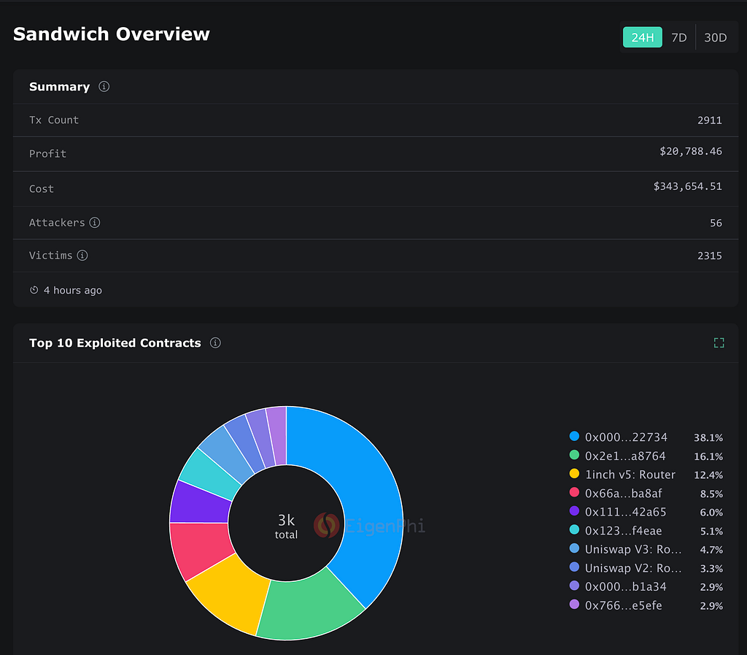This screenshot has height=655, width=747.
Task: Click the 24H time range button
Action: (x=642, y=37)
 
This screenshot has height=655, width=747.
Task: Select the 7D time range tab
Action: (x=679, y=37)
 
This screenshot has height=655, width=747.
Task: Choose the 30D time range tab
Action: (x=715, y=37)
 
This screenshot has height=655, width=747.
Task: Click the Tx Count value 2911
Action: (x=709, y=120)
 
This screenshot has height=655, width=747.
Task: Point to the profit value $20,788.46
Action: (x=691, y=152)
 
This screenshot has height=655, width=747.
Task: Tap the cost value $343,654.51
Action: (x=687, y=186)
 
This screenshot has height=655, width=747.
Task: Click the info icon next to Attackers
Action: (x=95, y=223)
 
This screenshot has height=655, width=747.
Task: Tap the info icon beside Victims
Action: (x=82, y=256)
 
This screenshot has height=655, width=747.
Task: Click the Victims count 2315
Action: (x=709, y=256)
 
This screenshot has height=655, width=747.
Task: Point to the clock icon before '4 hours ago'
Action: (x=34, y=290)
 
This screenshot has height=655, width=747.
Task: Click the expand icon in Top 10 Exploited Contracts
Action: (x=719, y=342)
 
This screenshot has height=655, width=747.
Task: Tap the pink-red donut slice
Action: (x=200, y=548)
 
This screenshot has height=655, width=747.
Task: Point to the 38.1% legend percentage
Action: (x=708, y=437)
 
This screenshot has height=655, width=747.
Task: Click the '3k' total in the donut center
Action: (x=286, y=520)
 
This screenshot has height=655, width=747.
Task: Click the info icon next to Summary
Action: (x=104, y=86)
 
